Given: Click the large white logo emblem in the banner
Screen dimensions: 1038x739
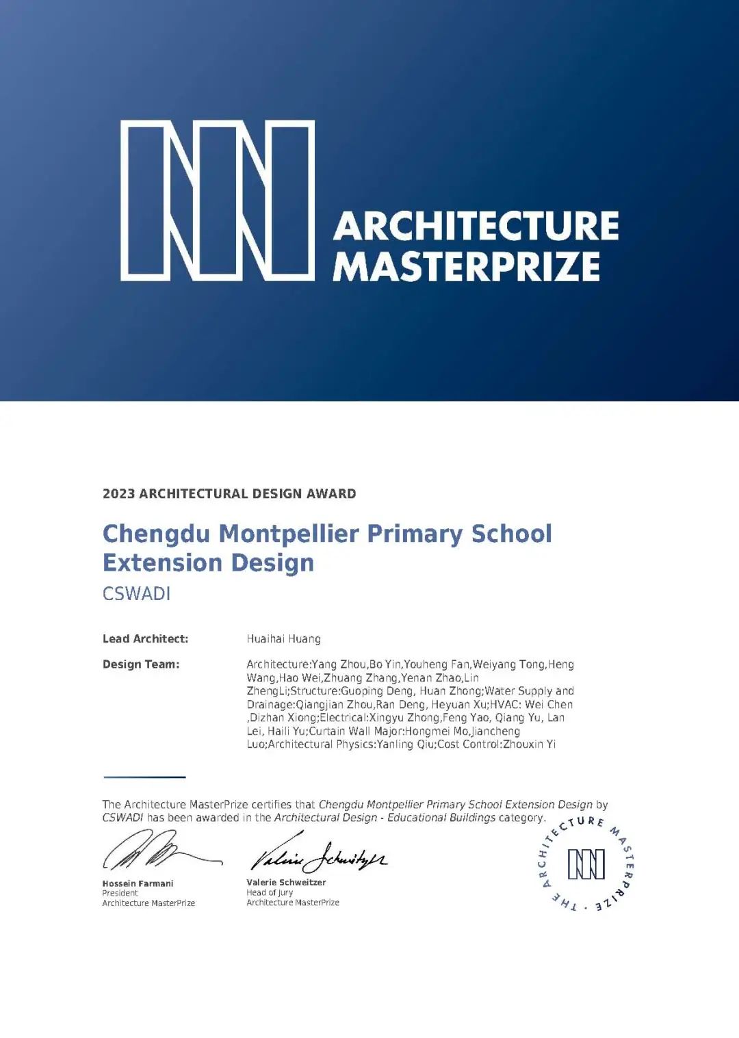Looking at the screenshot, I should click(x=218, y=200).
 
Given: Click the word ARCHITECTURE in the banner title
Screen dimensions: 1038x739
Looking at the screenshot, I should click(x=476, y=226).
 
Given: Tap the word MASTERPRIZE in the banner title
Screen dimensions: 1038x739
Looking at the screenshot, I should click(x=466, y=267).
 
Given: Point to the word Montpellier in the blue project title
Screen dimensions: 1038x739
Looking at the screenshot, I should click(x=289, y=534).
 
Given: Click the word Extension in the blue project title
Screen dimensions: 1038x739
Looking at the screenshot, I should click(x=153, y=563).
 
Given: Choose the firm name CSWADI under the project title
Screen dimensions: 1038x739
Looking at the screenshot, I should click(x=136, y=593).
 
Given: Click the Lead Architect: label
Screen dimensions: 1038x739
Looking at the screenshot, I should click(x=145, y=639).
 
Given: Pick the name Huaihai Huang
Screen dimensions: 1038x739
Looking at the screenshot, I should click(x=283, y=639).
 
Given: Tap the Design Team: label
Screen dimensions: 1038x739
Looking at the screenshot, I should click(x=141, y=664).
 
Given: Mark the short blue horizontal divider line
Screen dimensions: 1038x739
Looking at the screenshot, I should click(x=144, y=777).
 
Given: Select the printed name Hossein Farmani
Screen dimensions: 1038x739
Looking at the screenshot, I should click(x=138, y=883).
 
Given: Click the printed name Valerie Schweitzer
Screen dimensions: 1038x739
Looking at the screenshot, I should click(x=286, y=883).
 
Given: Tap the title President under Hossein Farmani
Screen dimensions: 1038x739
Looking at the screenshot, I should click(x=120, y=893).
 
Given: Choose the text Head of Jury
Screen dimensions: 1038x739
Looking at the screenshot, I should click(x=270, y=892).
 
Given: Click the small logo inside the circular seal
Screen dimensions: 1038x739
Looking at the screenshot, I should click(x=586, y=864).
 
